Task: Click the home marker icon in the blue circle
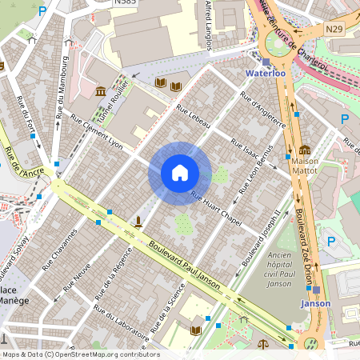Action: [x=180, y=173]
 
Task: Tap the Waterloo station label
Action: [x=265, y=74]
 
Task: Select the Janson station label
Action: [x=315, y=303]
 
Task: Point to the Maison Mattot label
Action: [x=305, y=166]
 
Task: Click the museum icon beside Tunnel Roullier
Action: [x=101, y=92]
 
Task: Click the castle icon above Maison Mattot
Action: [x=305, y=150]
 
